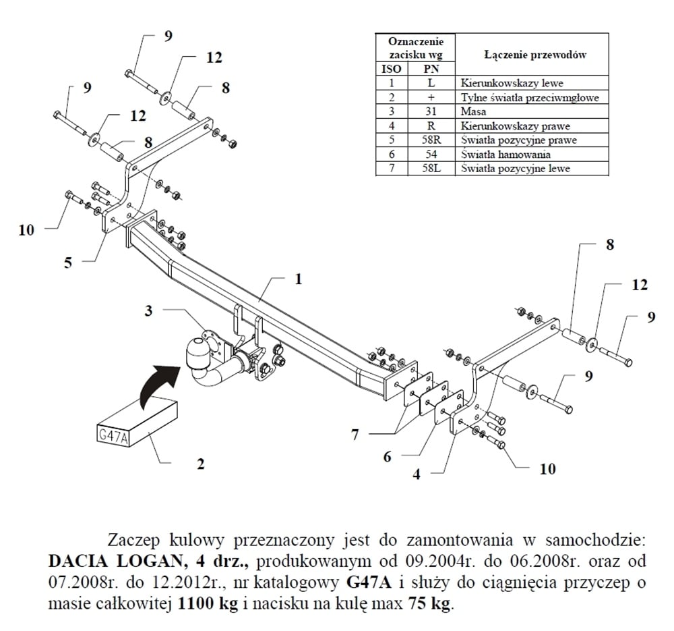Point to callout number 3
point(149,310)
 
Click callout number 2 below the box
point(200,464)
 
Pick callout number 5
point(67,263)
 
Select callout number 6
point(387,457)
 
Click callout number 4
point(417,474)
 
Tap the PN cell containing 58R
point(431,140)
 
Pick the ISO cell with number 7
point(391,168)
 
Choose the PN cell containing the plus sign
point(431,97)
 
